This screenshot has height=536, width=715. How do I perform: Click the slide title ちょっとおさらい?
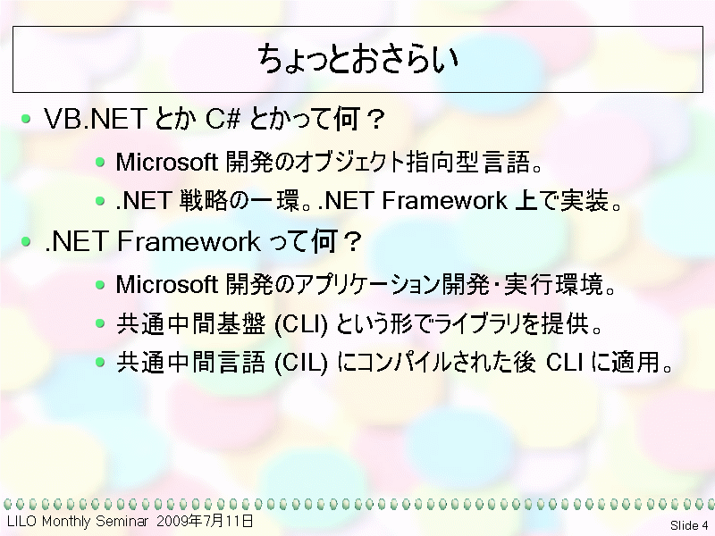click(x=357, y=59)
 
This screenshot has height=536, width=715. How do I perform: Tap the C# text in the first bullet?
click(x=223, y=119)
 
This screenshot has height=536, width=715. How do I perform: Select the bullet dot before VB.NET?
click(x=27, y=119)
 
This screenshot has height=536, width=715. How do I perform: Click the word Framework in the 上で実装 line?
click(x=444, y=200)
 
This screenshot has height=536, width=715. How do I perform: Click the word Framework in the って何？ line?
click(x=189, y=241)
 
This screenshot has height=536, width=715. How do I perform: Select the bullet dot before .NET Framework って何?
click(x=27, y=241)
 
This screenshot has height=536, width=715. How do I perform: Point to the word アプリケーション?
click(x=368, y=284)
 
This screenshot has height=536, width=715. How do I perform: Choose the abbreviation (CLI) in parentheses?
click(x=301, y=324)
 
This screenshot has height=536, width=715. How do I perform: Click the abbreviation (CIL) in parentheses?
click(x=301, y=364)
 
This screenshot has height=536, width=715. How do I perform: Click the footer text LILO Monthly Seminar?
click(x=78, y=521)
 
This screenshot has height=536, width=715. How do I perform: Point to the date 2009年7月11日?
click(x=205, y=521)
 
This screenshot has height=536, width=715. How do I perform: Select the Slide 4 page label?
click(x=689, y=525)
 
